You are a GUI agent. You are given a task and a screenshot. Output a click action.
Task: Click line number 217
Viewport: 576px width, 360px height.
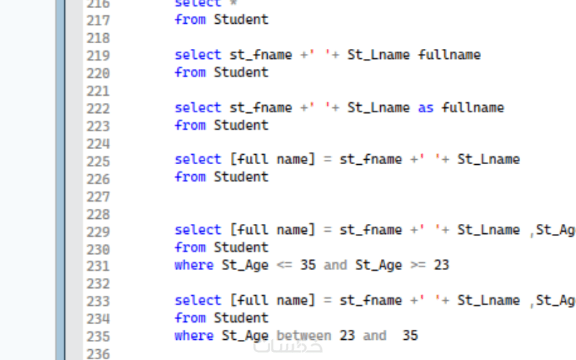(97, 20)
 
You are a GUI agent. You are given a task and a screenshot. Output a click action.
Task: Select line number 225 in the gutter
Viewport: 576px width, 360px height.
(97, 161)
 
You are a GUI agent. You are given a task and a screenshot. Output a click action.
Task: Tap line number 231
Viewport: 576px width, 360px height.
(97, 266)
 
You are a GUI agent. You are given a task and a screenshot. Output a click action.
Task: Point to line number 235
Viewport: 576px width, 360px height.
(97, 337)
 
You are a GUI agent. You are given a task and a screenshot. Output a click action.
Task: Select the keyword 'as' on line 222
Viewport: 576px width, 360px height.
(426, 108)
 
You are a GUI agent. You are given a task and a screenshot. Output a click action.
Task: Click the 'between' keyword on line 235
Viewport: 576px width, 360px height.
(304, 336)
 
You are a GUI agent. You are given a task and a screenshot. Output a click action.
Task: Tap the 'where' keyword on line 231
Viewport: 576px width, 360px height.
(194, 265)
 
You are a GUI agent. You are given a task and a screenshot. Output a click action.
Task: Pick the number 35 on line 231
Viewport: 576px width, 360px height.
(308, 265)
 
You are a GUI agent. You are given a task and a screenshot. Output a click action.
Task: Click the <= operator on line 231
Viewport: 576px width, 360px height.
(284, 265)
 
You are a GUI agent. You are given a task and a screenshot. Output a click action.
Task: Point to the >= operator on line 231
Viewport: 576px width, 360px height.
(418, 265)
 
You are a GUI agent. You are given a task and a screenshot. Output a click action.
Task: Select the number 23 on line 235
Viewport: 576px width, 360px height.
(347, 336)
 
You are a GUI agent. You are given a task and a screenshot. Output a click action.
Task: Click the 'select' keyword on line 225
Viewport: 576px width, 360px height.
(198, 159)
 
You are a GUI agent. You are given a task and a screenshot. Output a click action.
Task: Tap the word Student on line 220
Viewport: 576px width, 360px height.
(241, 72)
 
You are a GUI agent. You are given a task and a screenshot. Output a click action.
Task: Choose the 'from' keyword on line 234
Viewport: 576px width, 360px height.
(190, 318)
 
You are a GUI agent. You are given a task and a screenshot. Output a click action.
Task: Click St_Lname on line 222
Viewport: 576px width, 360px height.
(379, 108)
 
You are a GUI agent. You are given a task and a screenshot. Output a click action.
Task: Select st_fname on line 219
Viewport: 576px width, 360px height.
(261, 55)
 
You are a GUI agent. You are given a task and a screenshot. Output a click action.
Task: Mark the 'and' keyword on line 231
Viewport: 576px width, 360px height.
(335, 265)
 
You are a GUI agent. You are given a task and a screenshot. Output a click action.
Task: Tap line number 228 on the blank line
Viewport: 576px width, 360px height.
(97, 214)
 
